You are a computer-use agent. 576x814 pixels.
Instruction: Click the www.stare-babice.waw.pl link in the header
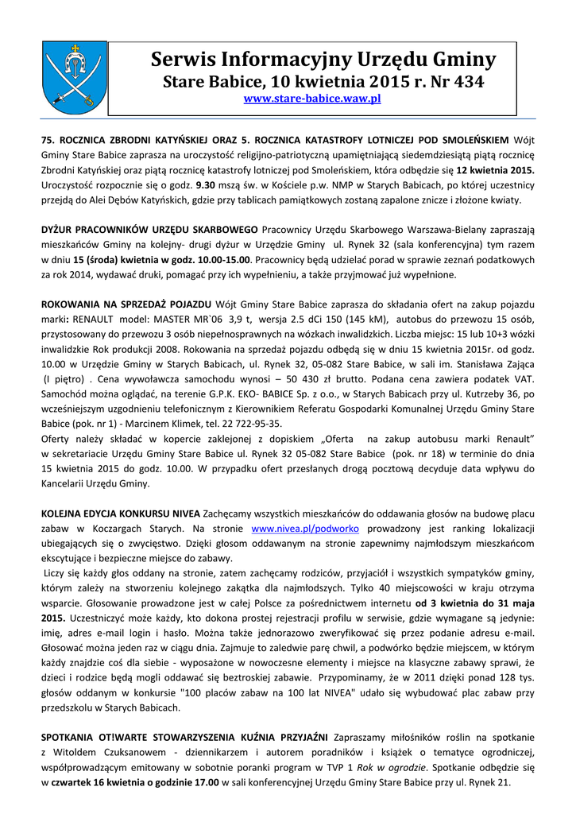311,99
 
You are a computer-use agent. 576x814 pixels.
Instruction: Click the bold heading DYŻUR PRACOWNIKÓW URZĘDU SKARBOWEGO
149,231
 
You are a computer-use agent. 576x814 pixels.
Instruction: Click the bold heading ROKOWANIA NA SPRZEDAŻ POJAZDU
126,304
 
